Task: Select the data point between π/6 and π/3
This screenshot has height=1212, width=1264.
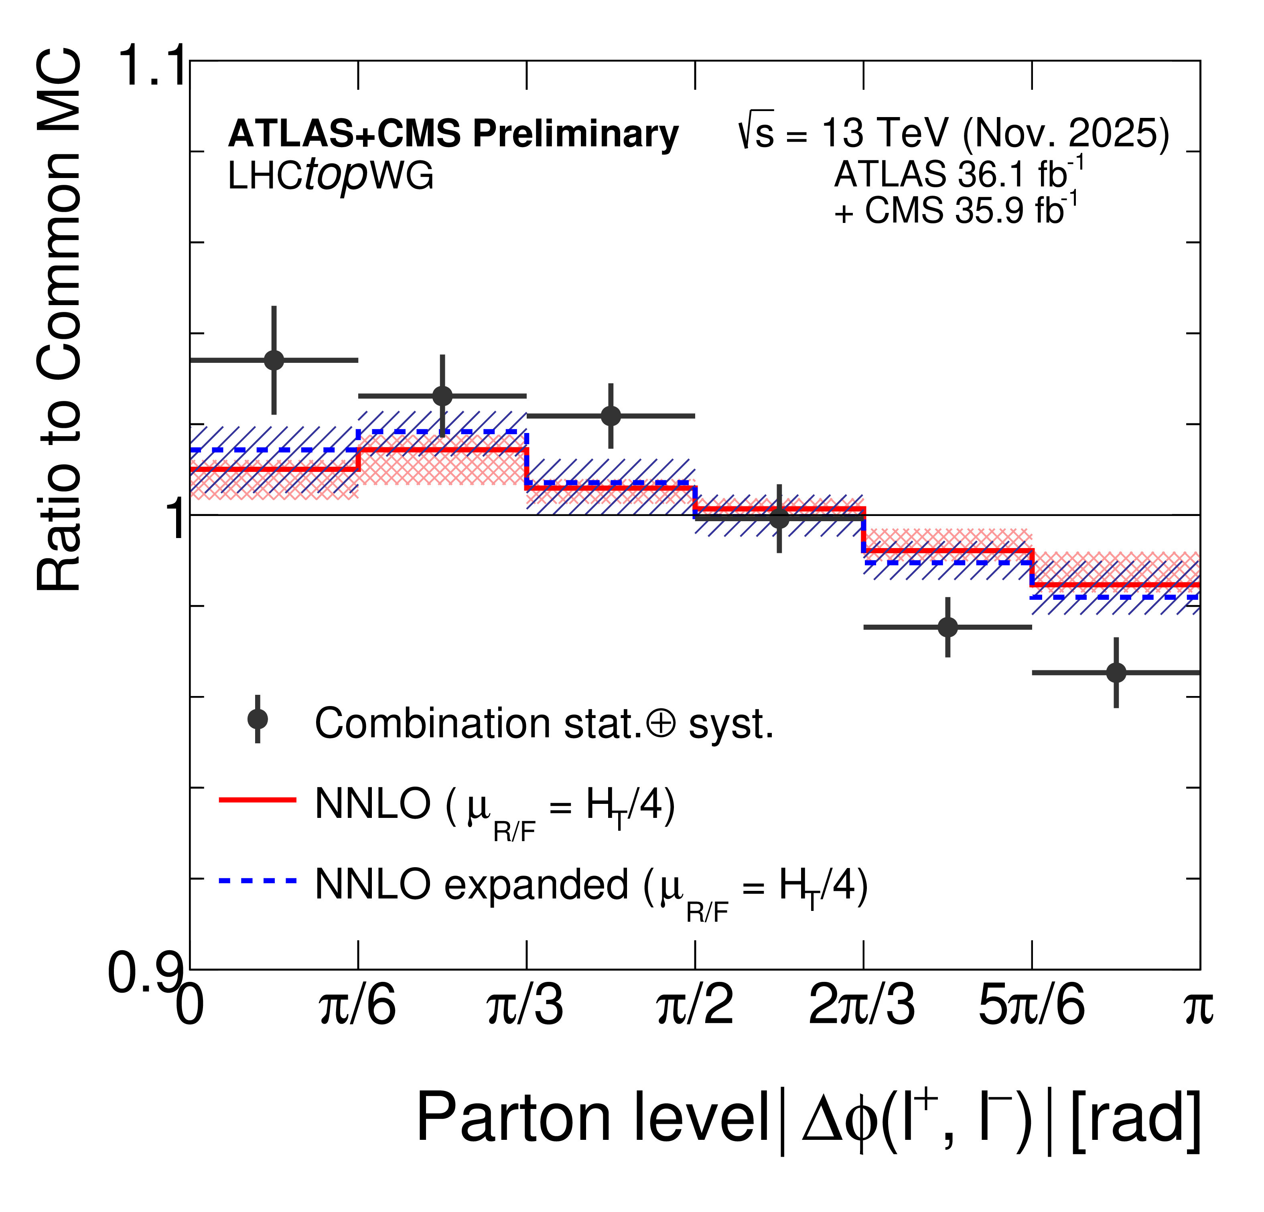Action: coord(442,395)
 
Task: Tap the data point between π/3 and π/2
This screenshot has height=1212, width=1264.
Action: coord(611,416)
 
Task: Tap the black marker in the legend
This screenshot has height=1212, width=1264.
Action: coord(257,719)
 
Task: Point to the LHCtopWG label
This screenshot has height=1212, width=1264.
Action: coord(330,176)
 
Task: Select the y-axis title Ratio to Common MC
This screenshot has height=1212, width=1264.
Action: coord(59,319)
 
